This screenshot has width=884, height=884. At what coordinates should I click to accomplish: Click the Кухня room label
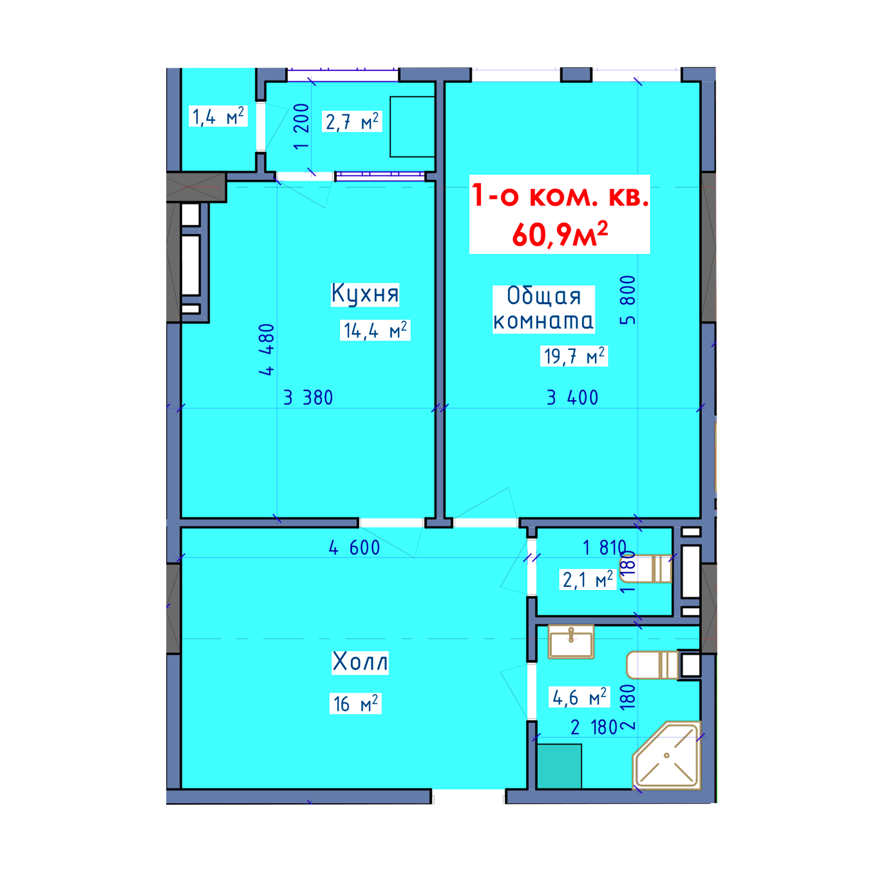click(365, 294)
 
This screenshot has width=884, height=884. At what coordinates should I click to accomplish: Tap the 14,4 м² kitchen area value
click(375, 330)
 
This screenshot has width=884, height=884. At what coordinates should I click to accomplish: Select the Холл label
click(360, 662)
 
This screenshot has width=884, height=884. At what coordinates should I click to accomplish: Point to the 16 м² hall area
click(355, 704)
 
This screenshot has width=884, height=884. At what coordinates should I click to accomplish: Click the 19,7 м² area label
click(574, 356)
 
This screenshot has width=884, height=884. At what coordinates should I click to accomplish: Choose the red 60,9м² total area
click(560, 234)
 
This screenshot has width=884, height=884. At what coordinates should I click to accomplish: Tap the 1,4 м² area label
click(218, 116)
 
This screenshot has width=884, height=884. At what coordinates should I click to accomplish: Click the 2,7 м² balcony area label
click(352, 122)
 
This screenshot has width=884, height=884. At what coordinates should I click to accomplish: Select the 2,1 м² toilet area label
click(588, 580)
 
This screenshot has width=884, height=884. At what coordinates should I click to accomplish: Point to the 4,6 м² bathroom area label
click(579, 697)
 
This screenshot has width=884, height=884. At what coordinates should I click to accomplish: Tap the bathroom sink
click(571, 641)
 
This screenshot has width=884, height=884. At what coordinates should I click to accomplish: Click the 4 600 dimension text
click(354, 548)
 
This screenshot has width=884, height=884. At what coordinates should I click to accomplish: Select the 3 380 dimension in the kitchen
click(309, 398)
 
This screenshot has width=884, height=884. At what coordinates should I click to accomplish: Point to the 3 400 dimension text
click(572, 398)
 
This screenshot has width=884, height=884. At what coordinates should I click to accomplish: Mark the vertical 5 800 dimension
click(627, 300)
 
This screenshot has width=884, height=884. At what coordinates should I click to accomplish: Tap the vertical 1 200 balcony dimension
click(301, 126)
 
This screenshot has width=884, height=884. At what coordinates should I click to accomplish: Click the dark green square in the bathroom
click(559, 766)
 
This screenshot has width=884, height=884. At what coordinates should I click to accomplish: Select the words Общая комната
click(544, 309)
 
